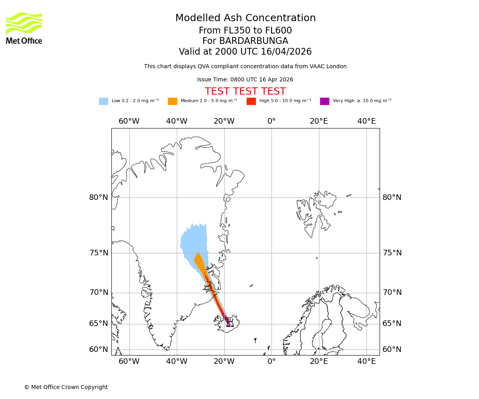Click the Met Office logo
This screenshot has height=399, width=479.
24,28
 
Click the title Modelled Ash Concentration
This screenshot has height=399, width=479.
245,18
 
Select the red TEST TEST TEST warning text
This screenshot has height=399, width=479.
245,91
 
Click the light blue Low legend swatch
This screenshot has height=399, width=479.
103,101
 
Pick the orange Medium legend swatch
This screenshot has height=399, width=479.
172,101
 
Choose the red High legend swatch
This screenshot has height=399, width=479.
251,101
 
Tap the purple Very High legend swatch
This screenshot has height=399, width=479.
325,101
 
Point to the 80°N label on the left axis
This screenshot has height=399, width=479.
99,198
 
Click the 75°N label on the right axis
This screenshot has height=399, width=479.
392,253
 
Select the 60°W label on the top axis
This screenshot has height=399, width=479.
129,121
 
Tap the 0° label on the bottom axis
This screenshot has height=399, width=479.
271,361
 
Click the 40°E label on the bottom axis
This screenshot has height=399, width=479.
366,361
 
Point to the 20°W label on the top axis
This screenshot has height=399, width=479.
224,121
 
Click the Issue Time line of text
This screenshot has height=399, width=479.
245,80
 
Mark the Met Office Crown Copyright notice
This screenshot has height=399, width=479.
66,387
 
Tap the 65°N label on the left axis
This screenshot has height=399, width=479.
99,324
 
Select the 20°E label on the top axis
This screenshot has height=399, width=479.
319,121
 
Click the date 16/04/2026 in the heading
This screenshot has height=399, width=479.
286,52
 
